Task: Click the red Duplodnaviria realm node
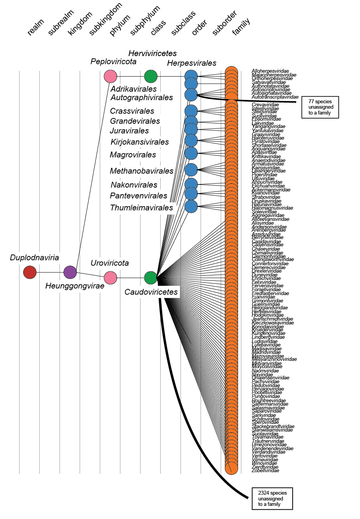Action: [30, 272]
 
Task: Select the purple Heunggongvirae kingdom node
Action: [70, 272]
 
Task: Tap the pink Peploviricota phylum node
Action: [110, 77]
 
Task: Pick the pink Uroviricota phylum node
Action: [110, 278]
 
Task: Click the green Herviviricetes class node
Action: [151, 77]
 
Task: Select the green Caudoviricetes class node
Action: [151, 278]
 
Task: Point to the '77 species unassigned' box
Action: [320, 107]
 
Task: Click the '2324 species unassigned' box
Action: [272, 499]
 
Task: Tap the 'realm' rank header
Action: [36, 27]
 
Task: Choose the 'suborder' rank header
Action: [225, 23]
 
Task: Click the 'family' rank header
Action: [241, 27]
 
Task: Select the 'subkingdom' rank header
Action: [105, 19]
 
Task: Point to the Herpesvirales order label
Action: [192, 63]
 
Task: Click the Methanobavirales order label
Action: [142, 171]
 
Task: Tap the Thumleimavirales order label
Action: [142, 208]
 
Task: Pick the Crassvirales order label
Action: [132, 111]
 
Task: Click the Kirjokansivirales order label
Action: [140, 142]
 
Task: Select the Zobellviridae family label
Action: [265, 471]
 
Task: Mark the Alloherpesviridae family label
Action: [270, 71]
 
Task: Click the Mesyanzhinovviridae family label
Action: [274, 359]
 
